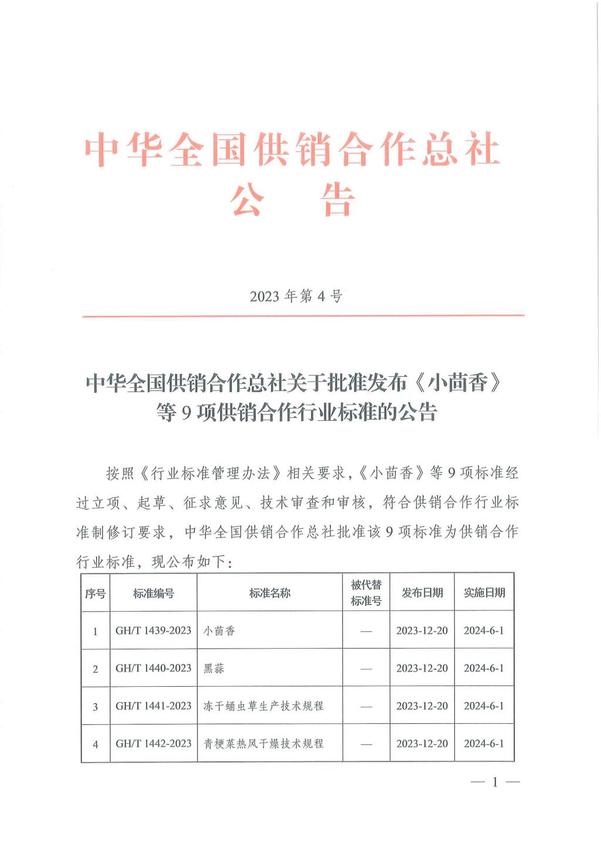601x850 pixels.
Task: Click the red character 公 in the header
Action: click(247, 200)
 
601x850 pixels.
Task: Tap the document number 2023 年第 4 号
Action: click(296, 296)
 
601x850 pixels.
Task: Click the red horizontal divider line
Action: click(303, 316)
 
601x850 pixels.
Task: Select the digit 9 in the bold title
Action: click(187, 413)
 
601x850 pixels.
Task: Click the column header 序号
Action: click(95, 593)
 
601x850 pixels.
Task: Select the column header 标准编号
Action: click(153, 593)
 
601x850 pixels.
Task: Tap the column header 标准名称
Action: click(269, 593)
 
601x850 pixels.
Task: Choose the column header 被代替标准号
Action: click(366, 593)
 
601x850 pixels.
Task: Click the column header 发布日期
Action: click(422, 593)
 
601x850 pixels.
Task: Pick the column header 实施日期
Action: click(484, 593)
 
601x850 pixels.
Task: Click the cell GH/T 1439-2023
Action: click(153, 630)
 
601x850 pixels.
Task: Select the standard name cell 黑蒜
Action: click(214, 669)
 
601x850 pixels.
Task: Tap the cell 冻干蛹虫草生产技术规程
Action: click(263, 706)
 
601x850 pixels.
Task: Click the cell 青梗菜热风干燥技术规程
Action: click(263, 744)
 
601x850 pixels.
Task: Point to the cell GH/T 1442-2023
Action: click(153, 744)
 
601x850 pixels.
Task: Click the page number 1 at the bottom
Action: click(495, 782)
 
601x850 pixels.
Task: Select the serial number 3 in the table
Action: click(95, 707)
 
